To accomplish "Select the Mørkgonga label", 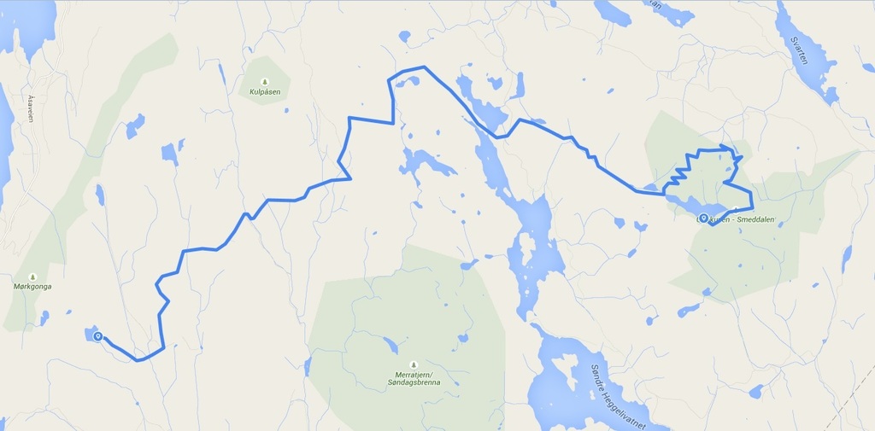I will (32, 287).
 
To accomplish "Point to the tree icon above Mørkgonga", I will (32, 277).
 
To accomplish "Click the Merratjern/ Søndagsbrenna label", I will (415, 379).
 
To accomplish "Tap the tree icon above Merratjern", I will (414, 364).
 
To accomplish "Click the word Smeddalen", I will (751, 219).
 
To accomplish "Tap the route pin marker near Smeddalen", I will (703, 218).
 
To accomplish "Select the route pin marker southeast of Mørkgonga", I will (98, 336).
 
